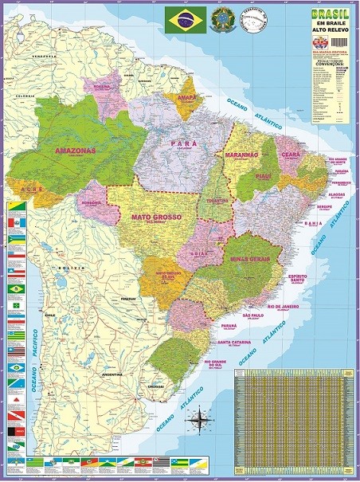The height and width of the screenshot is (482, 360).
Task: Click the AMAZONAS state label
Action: pos(75,150)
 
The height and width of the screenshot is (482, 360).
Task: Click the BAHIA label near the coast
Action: pos(313,224)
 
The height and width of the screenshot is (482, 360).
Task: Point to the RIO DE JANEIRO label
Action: pos(283,306)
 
